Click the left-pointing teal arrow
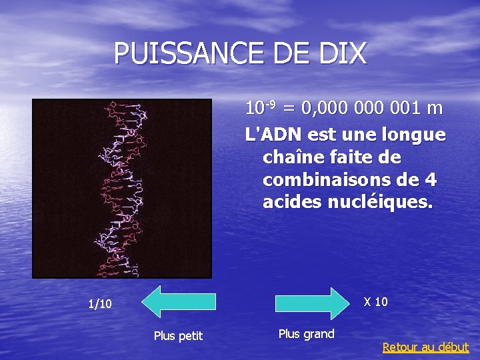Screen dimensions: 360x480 pos(179,301)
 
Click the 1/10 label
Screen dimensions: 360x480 pos(100,304)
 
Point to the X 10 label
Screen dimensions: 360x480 pos(375,302)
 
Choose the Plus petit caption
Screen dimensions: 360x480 pos(178,335)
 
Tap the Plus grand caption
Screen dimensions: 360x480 pos(306,333)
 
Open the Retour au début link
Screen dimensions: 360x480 pos(425,347)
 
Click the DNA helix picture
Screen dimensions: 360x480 pos(122,188)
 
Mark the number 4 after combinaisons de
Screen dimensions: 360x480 pos(431,180)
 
